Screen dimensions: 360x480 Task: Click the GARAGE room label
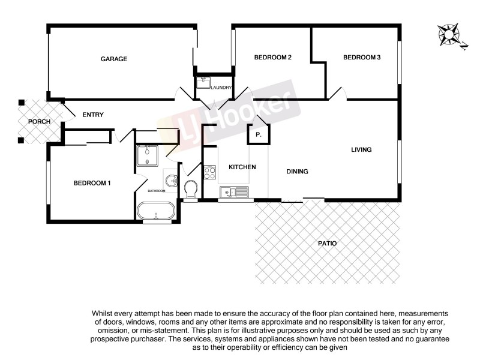[x=113, y=59]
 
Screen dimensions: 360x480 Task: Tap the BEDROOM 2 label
[x=272, y=58]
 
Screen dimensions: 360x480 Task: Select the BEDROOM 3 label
[x=362, y=58]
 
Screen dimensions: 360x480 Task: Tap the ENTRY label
[x=93, y=115]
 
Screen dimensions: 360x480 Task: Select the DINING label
[x=297, y=172]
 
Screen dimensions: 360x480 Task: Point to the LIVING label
[x=362, y=149]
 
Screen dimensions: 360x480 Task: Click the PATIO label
[x=328, y=244]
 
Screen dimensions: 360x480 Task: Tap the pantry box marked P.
[x=259, y=134]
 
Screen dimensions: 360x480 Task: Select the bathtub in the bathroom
[x=156, y=211]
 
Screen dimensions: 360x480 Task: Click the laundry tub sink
[x=203, y=83]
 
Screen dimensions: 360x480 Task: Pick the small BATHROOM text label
[x=157, y=191]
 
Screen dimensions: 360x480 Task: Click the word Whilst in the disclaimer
[x=104, y=313]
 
